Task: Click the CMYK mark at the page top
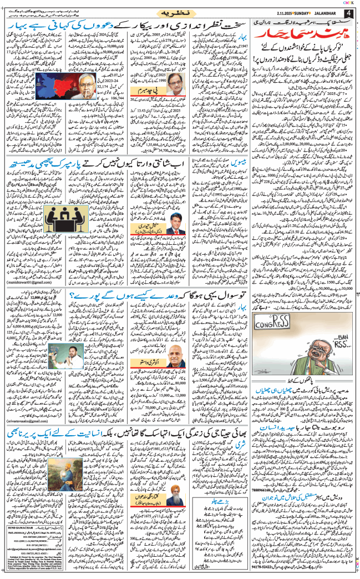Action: pyautogui.click(x=349, y=2)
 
